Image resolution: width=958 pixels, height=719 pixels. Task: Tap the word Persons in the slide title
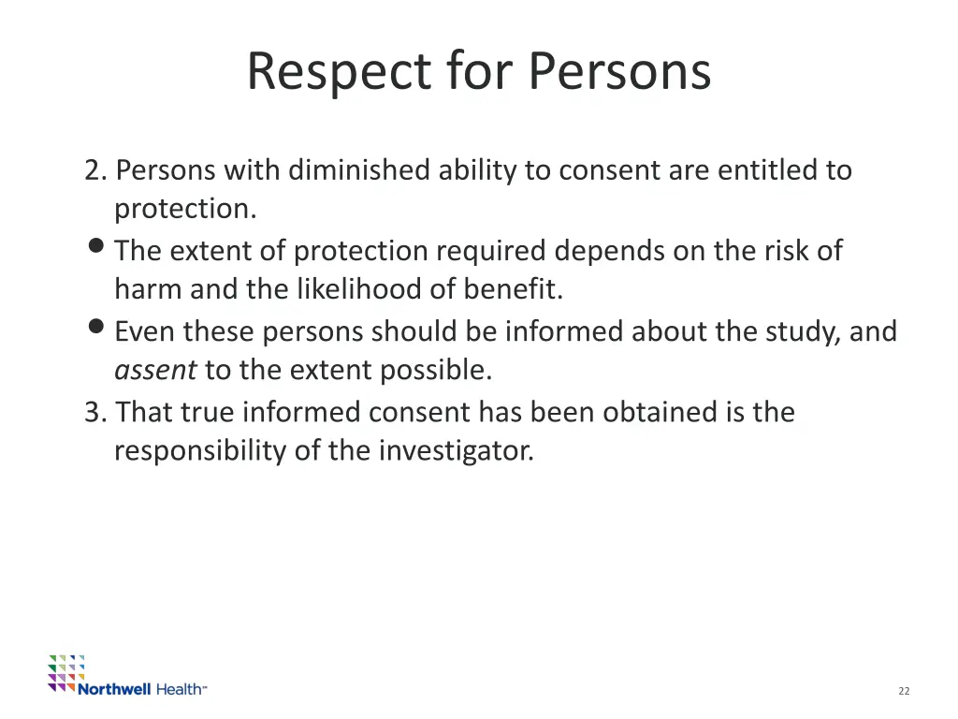click(x=619, y=72)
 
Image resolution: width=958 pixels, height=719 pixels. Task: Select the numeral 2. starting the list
click(x=96, y=170)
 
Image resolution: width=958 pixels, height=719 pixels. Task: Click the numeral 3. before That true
click(x=96, y=412)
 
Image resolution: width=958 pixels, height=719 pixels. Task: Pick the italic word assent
click(x=154, y=371)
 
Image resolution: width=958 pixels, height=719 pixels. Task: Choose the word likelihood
click(x=359, y=290)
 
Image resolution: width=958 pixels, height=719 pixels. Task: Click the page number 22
click(x=904, y=691)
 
